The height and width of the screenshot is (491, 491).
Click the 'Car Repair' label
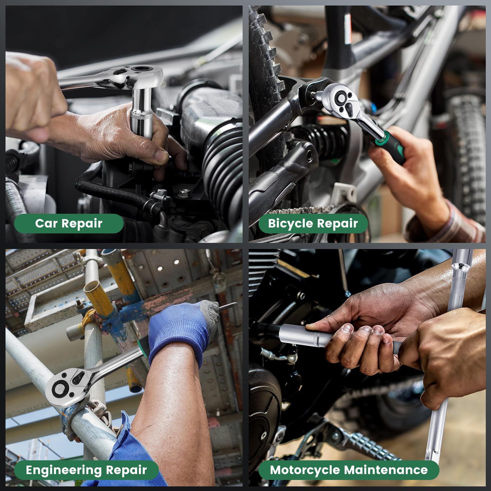pyautogui.click(x=69, y=223)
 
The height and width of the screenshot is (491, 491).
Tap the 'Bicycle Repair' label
pyautogui.click(x=313, y=223)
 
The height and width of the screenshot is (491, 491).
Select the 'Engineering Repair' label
pyautogui.click(x=86, y=470)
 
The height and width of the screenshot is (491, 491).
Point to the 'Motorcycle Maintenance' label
pyautogui.click(x=349, y=470)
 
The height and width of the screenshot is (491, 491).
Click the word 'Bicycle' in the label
pyautogui.click(x=289, y=223)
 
